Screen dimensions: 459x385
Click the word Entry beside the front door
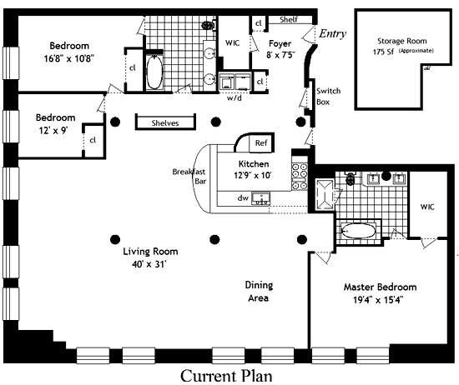pyautogui.click(x=332, y=33)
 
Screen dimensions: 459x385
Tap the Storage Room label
pyautogui.click(x=402, y=41)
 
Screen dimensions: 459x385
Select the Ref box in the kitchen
pyautogui.click(x=261, y=143)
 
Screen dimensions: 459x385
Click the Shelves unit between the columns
pyautogui.click(x=165, y=122)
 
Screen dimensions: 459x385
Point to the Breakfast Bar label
pyautogui.click(x=189, y=177)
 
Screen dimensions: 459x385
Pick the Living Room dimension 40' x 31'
pyautogui.click(x=149, y=264)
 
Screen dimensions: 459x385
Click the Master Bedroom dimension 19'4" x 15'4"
pyautogui.click(x=378, y=300)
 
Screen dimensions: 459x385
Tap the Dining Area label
pyautogui.click(x=259, y=292)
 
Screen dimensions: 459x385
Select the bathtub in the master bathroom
pyautogui.click(x=359, y=231)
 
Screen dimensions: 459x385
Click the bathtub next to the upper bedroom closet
pyautogui.click(x=154, y=72)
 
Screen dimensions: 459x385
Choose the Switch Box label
pyautogui.click(x=328, y=97)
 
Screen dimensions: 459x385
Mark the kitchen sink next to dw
pyautogui.click(x=261, y=199)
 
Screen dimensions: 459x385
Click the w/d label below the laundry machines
pyautogui.click(x=235, y=98)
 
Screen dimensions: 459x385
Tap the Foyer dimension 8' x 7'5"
pyautogui.click(x=280, y=55)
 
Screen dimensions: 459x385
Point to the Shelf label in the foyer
pyautogui.click(x=289, y=20)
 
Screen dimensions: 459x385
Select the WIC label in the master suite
pyautogui.click(x=427, y=207)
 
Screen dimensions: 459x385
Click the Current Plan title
pyautogui.click(x=226, y=376)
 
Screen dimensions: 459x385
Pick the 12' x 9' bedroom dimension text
pyautogui.click(x=53, y=130)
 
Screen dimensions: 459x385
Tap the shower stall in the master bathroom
pyautogui.click(x=325, y=194)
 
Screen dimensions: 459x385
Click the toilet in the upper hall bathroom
pyautogui.click(x=209, y=26)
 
